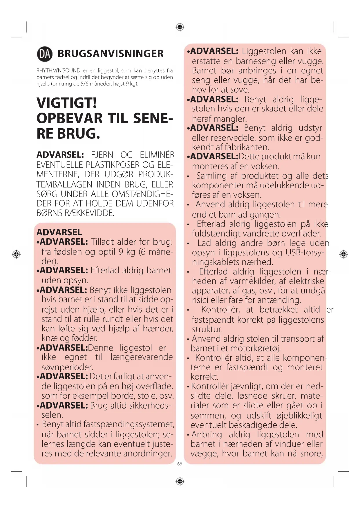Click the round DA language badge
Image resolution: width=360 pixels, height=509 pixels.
[45, 54]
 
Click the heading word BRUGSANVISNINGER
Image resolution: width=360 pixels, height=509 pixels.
[111, 54]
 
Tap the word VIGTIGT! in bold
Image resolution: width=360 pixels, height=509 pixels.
[67, 103]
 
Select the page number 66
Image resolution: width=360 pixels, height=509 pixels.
[180, 464]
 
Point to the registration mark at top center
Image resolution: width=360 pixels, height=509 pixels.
[180, 27]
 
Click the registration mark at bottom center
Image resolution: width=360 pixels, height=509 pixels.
[180, 481]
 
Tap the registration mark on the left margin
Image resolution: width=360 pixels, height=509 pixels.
[16, 254]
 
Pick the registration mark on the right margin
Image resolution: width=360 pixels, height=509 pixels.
[343, 254]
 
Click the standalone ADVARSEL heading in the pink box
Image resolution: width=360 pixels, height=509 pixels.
[59, 232]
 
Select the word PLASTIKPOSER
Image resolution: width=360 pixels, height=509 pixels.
[113, 165]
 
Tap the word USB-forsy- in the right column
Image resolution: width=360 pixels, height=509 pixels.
[305, 252]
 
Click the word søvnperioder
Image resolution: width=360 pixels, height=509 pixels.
[67, 367]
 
